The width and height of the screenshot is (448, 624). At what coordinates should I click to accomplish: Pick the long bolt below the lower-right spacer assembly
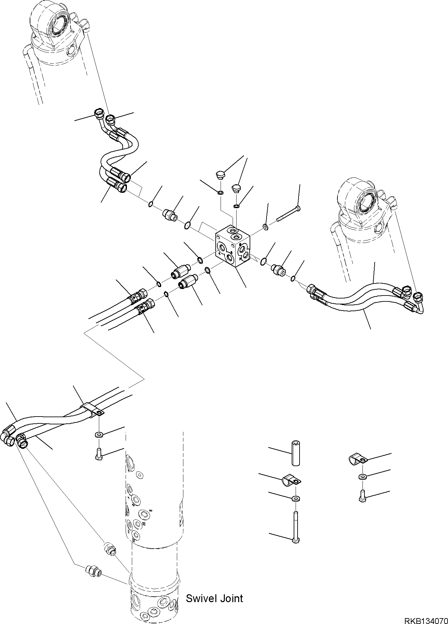tap(296, 525)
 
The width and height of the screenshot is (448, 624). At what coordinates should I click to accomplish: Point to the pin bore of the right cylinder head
tap(367, 204)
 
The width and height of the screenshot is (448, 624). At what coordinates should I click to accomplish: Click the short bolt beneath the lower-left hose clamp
tap(98, 453)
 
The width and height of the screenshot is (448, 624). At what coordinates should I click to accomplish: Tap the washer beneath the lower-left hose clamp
tap(98, 434)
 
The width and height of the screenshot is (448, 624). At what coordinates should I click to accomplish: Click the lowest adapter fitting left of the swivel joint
tap(93, 571)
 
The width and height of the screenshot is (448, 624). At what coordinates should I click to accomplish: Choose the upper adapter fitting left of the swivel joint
tap(110, 547)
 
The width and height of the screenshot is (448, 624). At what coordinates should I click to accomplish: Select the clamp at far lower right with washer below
tap(358, 460)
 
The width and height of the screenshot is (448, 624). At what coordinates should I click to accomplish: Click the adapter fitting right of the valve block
tap(278, 269)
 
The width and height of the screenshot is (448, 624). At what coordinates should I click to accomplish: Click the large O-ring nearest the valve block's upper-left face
tap(188, 225)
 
